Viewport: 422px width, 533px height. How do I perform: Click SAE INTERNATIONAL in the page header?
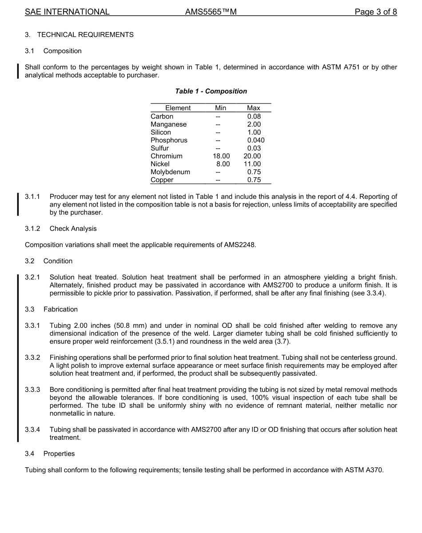point(67,12)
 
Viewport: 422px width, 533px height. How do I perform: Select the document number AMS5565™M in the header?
point(211,12)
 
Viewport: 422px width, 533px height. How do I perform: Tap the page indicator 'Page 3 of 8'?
point(375,12)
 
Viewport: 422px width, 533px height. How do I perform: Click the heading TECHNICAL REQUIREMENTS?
point(85,35)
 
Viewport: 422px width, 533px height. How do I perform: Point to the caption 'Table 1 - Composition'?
point(211,91)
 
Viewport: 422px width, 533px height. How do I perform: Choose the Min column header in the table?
point(220,108)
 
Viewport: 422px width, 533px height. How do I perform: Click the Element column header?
point(178,108)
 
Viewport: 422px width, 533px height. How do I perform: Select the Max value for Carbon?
point(254,116)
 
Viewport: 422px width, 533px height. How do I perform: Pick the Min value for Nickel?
point(223,164)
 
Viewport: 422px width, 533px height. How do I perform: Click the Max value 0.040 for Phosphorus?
point(255,140)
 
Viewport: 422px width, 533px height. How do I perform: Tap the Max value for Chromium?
point(252,156)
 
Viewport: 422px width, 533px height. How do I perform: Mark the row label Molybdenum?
point(170,172)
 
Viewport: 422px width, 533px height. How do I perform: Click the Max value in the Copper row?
point(254,180)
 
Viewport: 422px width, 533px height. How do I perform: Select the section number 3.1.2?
point(32,229)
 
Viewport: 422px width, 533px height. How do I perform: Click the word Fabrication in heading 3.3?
point(60,309)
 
